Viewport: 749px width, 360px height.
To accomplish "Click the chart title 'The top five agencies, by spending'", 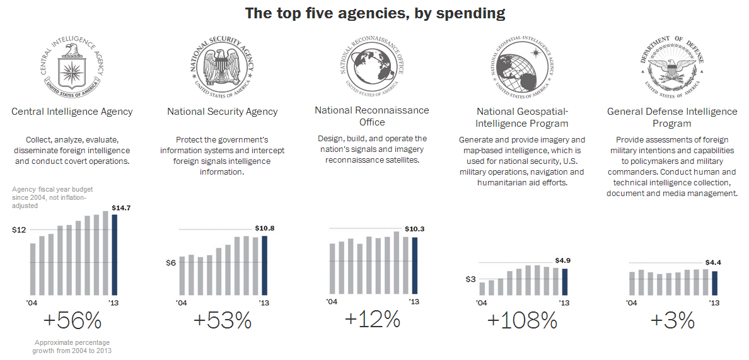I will coord(374,13).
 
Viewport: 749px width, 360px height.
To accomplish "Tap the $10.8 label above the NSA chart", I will coord(265,228).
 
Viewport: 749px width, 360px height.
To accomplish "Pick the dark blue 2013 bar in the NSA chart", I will coord(264,265).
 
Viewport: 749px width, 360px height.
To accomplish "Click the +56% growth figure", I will coord(73,321).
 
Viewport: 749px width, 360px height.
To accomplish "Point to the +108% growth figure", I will coord(522,321).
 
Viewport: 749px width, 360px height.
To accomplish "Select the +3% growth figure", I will coord(672,321).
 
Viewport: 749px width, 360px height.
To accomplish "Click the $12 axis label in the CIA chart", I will coord(19,229).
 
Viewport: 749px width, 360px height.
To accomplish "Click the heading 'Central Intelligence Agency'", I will coord(72,112).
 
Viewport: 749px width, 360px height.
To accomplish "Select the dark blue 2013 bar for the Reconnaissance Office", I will coord(414,265).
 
